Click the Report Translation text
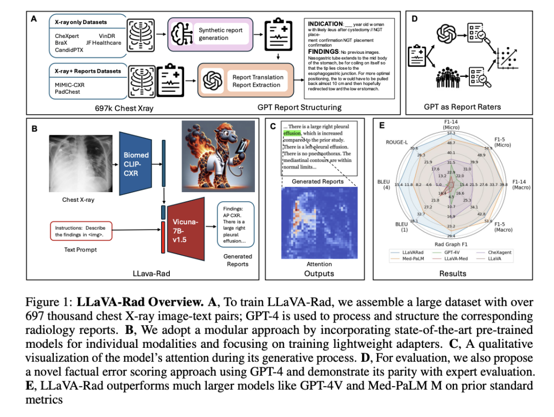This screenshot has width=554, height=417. pos(258,77)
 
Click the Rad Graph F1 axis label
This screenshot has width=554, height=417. pos(451,244)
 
